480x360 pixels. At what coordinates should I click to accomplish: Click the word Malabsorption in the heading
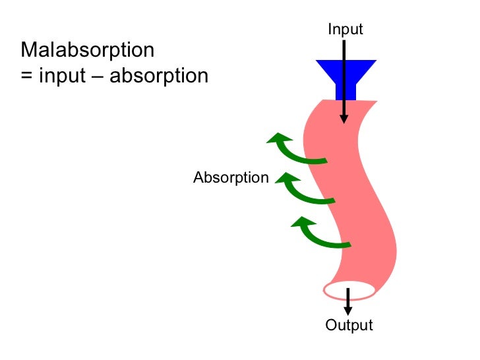[88, 50]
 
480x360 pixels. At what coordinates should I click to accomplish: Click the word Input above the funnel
[345, 29]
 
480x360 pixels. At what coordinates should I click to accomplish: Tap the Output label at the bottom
[349, 325]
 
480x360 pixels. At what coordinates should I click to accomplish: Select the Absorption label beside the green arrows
[231, 177]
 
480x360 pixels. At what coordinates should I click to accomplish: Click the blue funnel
[345, 73]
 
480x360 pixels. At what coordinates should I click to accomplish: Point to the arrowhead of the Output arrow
[348, 309]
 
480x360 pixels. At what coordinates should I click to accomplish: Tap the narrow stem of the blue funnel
[345, 91]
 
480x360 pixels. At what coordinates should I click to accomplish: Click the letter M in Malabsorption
[29, 50]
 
